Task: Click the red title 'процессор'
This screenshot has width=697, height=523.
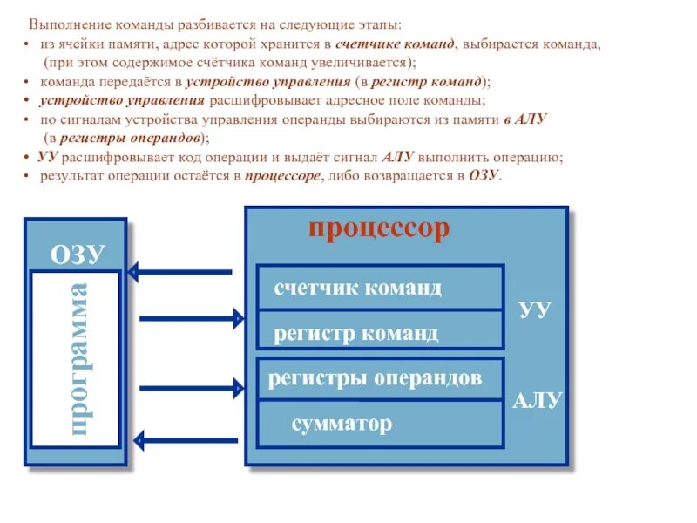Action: click(x=378, y=229)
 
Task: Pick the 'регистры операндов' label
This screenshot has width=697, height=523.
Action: click(x=375, y=379)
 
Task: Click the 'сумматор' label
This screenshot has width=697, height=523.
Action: click(x=342, y=425)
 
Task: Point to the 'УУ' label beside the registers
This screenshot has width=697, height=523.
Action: click(x=534, y=310)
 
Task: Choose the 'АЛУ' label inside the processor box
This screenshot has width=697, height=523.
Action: click(x=538, y=401)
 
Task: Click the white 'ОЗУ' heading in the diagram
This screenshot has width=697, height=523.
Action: click(x=78, y=254)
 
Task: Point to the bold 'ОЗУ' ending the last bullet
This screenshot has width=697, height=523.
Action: click(x=484, y=175)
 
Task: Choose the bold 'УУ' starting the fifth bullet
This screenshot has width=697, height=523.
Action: click(x=48, y=157)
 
